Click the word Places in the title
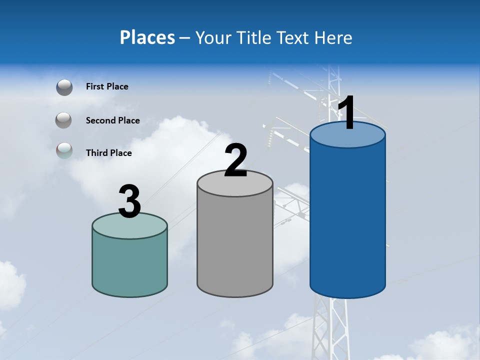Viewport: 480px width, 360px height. pos(147,37)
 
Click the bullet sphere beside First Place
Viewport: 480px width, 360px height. pos(64,87)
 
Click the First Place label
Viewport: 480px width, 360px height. pos(107,86)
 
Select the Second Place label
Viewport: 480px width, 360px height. pos(112,120)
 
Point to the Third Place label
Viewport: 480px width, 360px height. pos(108,153)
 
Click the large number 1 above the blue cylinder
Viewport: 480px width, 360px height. pos(347,113)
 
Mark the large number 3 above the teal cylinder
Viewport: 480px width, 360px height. pos(129,201)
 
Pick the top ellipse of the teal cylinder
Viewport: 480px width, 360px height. pos(129,226)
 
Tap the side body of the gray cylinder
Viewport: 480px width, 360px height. pos(235,245)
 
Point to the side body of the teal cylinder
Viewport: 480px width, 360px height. pos(129,265)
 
